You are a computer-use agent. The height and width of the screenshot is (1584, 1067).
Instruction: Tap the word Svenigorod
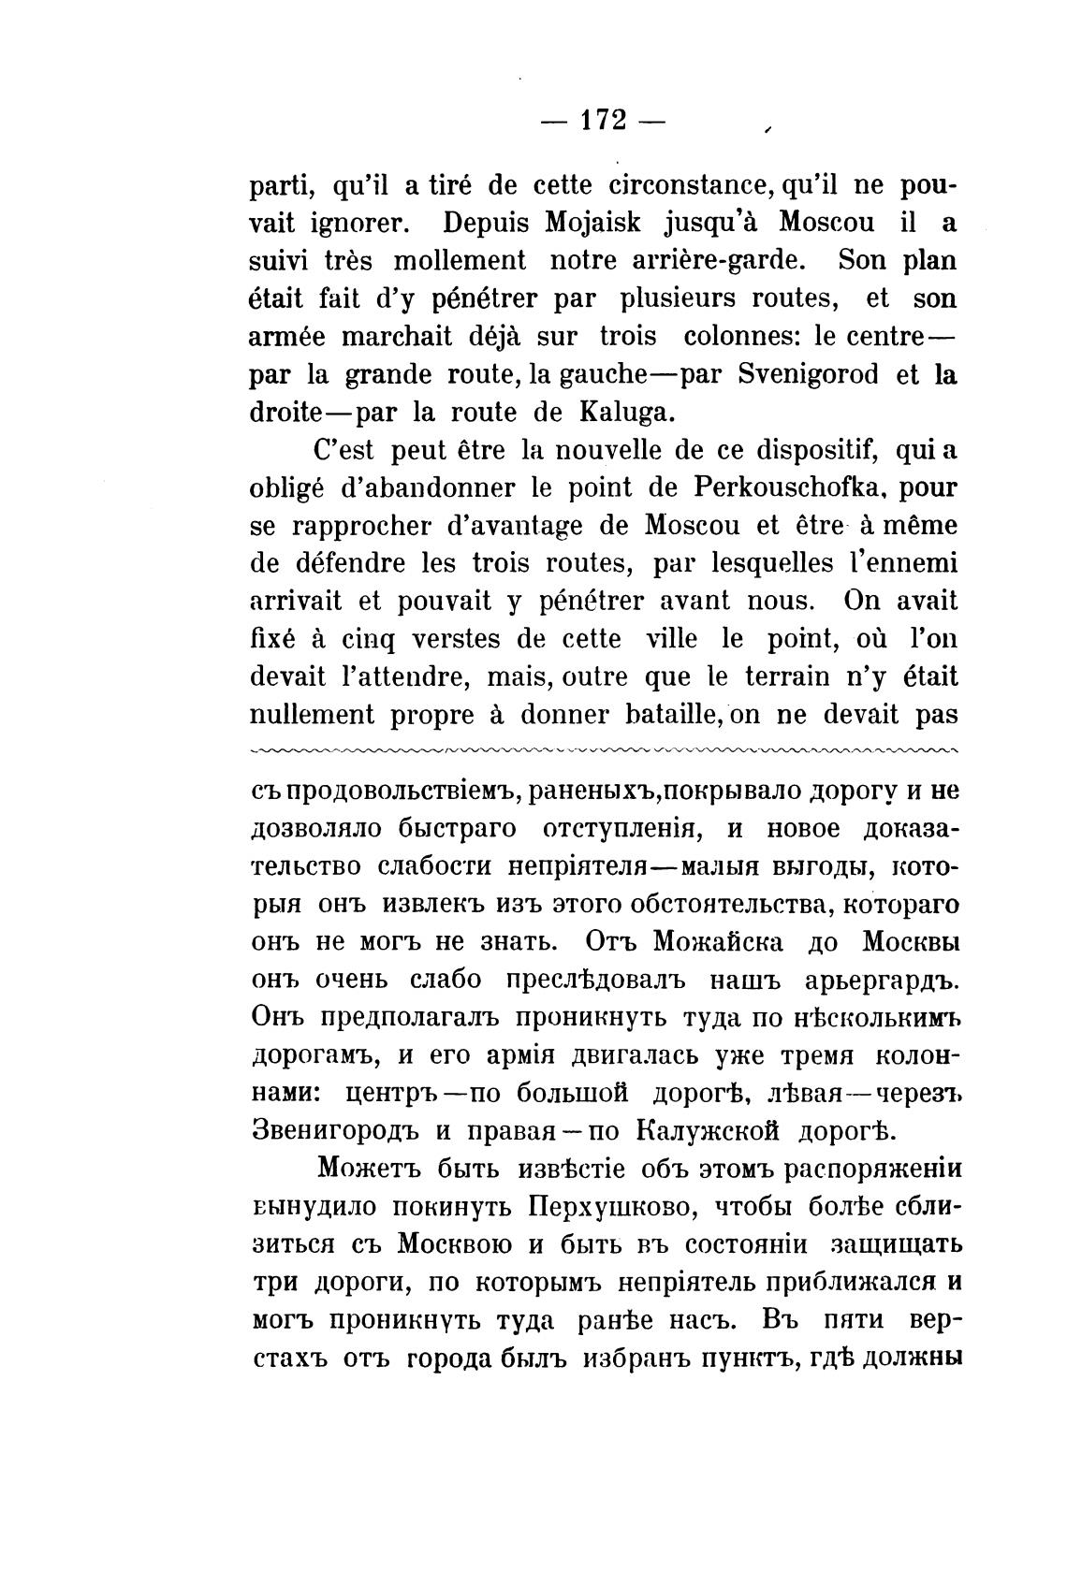(x=808, y=375)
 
